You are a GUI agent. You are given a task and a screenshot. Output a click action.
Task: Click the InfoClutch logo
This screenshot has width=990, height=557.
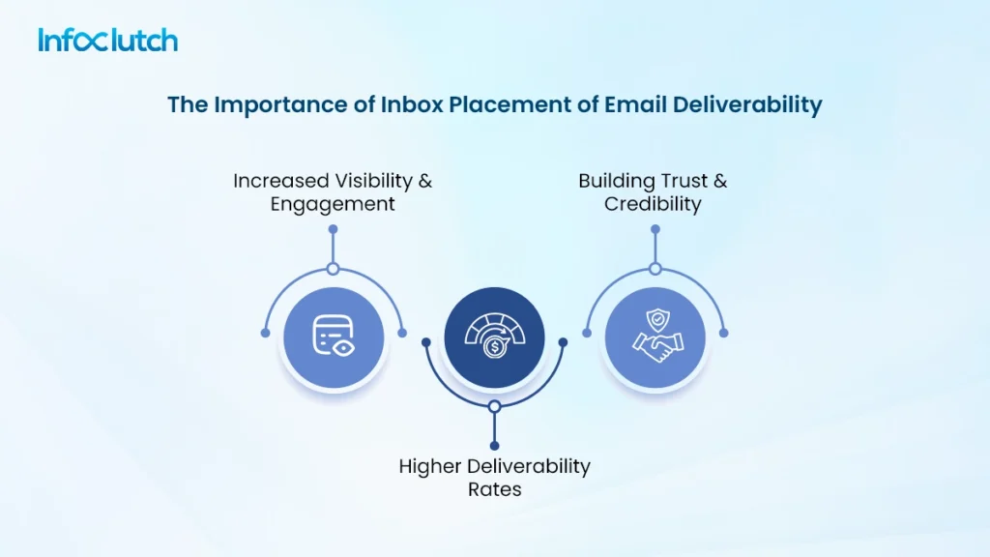[x=107, y=40]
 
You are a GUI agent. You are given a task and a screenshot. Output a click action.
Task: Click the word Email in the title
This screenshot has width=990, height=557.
[x=616, y=104]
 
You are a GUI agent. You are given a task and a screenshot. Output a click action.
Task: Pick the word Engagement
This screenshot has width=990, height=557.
[x=333, y=204]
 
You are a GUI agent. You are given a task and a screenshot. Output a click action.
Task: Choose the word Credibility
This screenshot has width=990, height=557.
[x=653, y=204]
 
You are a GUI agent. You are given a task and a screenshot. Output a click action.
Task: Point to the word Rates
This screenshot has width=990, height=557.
[x=495, y=489]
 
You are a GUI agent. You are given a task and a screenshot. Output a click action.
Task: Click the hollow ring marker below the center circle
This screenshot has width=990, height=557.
[x=494, y=407]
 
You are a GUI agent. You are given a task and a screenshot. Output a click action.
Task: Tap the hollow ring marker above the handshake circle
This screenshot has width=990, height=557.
[x=655, y=269]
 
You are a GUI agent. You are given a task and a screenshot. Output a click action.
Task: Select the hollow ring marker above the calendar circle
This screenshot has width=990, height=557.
[x=333, y=269]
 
